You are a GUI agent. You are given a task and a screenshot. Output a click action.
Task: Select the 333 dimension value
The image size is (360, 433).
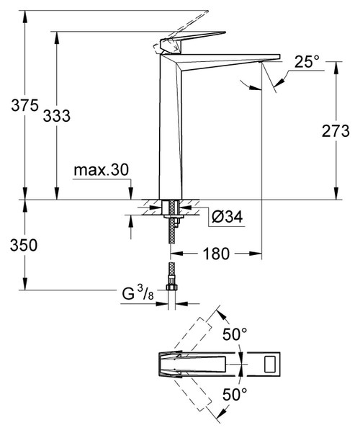pos(58,115)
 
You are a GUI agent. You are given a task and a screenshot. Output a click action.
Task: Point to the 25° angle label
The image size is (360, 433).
pos(306,63)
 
